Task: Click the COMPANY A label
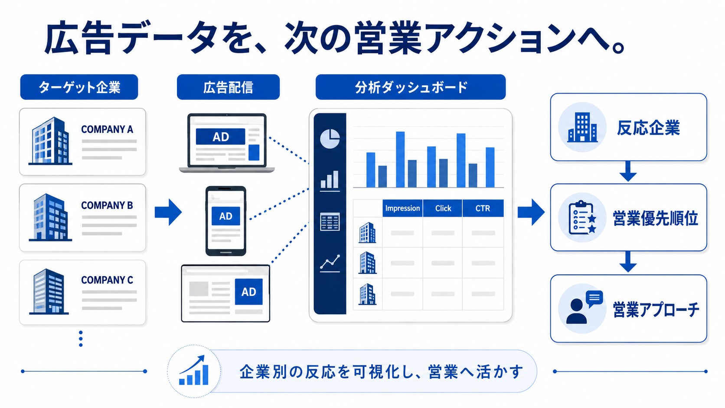click(107, 129)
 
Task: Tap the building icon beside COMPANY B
click(50, 217)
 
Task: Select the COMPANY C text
click(107, 280)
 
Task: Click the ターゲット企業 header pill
click(79, 87)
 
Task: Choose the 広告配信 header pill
click(228, 87)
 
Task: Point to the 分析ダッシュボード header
click(410, 87)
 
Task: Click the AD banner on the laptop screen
click(220, 137)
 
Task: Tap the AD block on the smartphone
click(225, 216)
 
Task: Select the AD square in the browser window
click(248, 291)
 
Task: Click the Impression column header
click(403, 208)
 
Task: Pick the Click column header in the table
click(443, 208)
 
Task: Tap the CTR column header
click(483, 208)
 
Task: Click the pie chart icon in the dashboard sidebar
click(330, 139)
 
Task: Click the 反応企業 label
click(648, 128)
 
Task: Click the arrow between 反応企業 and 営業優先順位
click(628, 172)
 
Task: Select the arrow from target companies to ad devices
click(168, 212)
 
